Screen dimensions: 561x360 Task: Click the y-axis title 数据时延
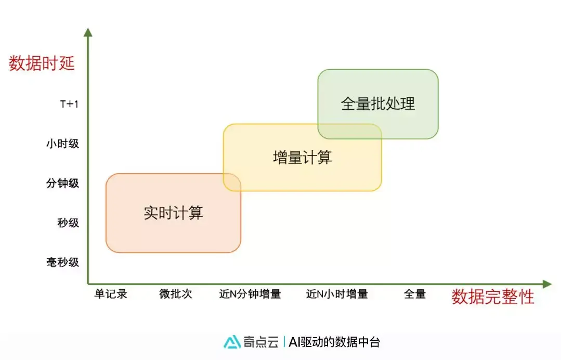42,63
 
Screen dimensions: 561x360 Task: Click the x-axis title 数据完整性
492,297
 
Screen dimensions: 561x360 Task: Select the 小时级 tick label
63,143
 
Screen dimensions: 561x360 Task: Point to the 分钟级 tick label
63,183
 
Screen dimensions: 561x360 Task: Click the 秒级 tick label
68,223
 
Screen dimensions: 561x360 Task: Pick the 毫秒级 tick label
63,262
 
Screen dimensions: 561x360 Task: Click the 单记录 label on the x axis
111,294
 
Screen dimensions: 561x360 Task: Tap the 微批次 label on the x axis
176,294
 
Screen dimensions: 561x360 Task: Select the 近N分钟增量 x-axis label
250,294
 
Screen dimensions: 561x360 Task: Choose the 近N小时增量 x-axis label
337,294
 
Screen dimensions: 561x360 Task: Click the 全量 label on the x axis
415,294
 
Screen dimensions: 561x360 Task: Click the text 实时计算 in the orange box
173,213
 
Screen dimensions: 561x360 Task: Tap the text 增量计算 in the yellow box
302,157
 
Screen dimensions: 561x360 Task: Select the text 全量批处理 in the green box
378,104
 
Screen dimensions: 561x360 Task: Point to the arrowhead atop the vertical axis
88,32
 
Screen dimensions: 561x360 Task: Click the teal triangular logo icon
232,342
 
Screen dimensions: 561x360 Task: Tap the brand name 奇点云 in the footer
260,342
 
